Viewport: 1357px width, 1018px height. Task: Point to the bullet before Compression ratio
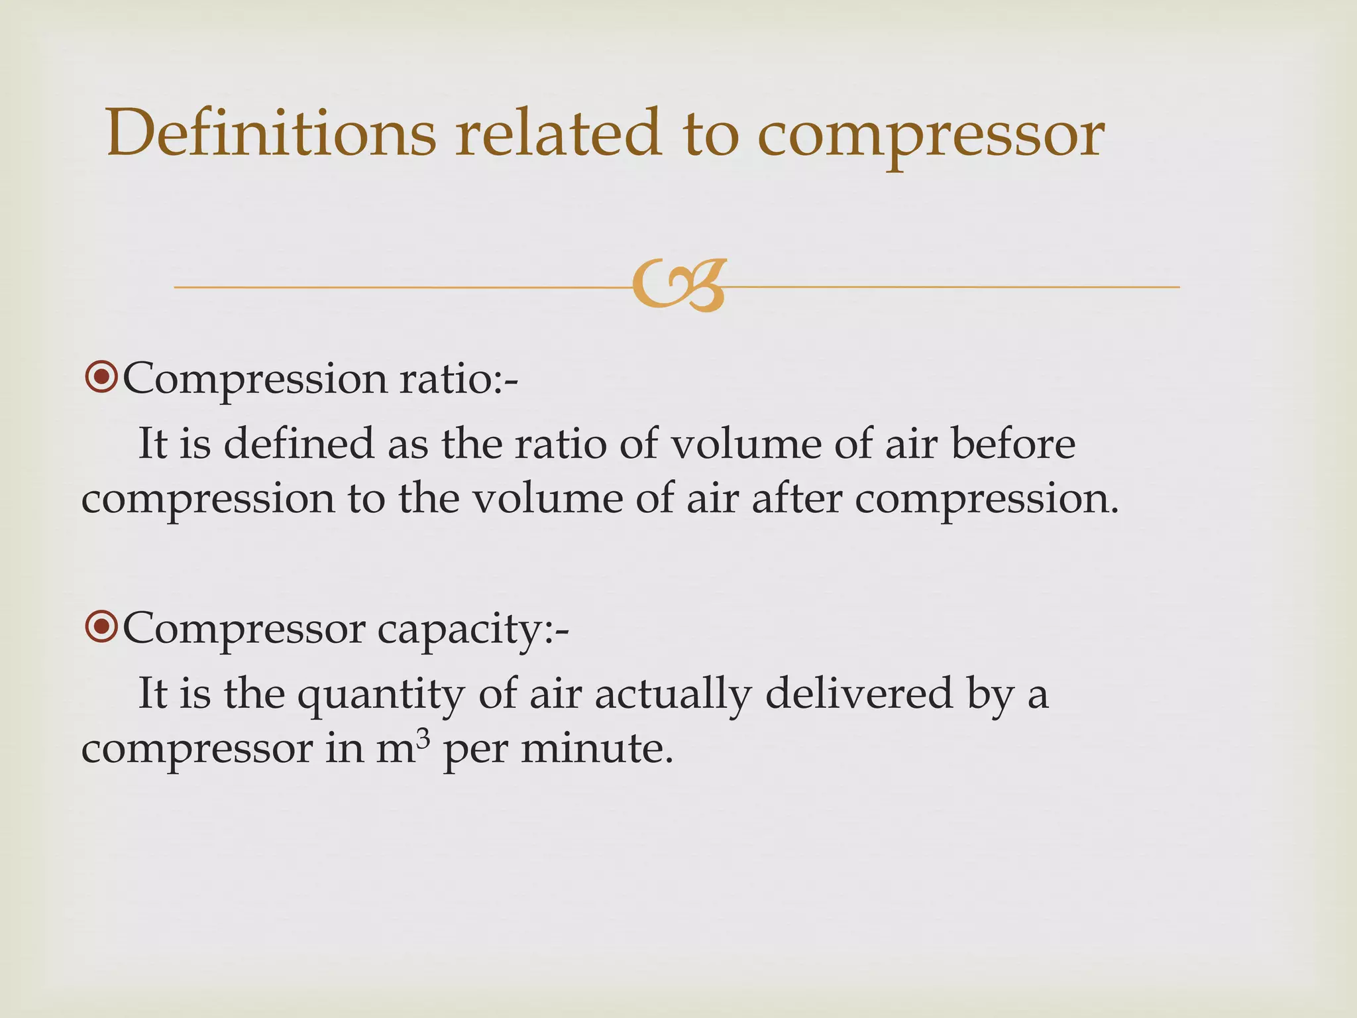coord(101,378)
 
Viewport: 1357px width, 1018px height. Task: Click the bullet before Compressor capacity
coord(101,627)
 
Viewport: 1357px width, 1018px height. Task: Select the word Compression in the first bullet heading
coord(254,380)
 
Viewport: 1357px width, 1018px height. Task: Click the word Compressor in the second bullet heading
coord(243,628)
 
